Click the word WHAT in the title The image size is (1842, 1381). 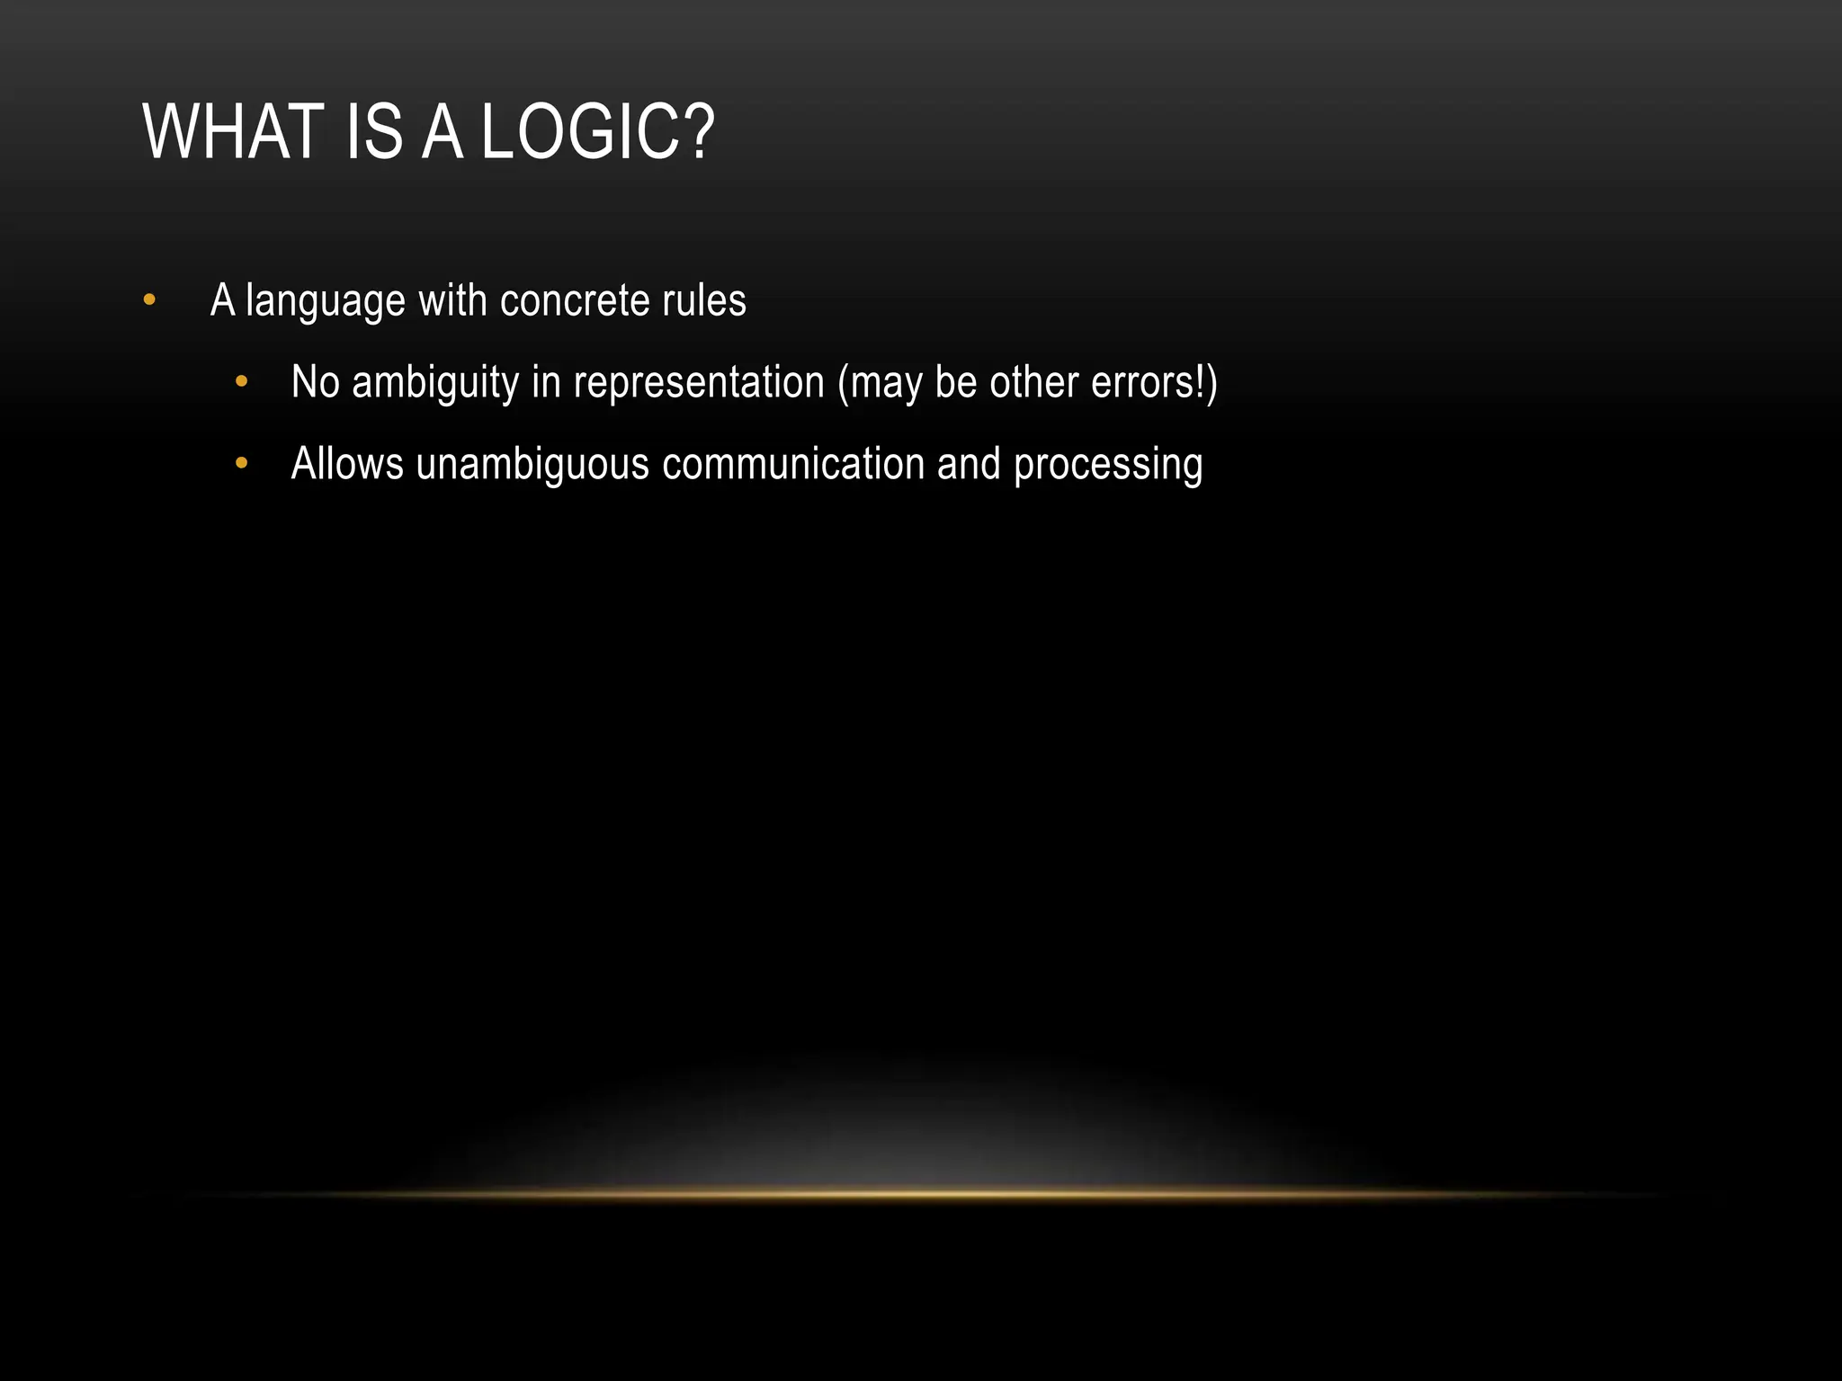[233, 132]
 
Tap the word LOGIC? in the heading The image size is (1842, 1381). [598, 132]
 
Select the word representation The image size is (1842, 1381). [699, 382]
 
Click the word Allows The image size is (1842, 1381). [347, 464]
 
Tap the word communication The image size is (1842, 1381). [793, 464]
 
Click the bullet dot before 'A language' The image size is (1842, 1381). [149, 300]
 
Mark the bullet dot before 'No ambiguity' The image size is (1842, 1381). [241, 382]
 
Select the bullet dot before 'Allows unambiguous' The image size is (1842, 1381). [241, 464]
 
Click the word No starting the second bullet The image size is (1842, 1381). [315, 382]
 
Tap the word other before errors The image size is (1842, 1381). [1034, 382]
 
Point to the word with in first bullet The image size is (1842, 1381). [452, 300]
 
